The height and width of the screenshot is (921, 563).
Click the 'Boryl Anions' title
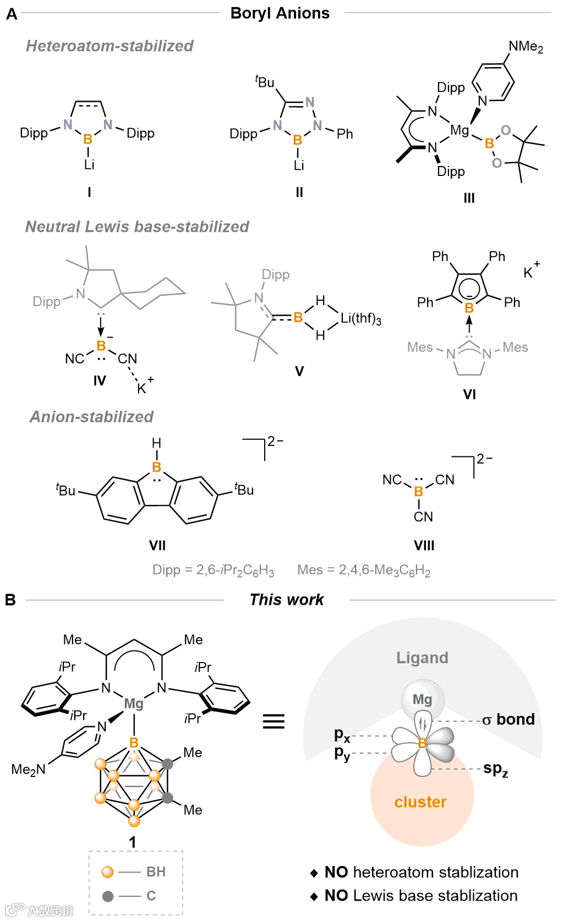coord(280,13)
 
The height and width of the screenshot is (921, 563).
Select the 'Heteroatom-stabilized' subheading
coord(110,46)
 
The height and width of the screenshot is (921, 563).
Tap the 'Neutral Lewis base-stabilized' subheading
coord(137,227)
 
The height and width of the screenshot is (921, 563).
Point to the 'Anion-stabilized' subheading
coord(91,417)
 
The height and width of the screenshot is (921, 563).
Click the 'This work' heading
coord(286,599)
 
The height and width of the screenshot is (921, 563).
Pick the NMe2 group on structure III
coord(525,47)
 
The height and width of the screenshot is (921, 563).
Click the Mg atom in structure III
coord(459,130)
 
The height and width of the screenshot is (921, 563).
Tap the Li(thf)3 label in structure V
coord(360,318)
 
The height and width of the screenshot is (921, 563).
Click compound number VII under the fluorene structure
coord(157,545)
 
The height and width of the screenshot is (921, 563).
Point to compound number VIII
coord(424,545)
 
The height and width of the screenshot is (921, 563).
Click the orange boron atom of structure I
coord(88,140)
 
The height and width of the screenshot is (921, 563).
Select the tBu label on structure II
coord(265,82)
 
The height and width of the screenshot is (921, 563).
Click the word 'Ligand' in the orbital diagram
coord(422,658)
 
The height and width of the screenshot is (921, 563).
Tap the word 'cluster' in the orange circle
coord(420,802)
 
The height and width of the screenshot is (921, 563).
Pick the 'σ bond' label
coord(508,720)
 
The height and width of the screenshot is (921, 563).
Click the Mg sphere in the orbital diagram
coord(422,699)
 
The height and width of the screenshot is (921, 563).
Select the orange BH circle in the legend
coord(108,872)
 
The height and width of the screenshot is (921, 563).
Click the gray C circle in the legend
coord(108,896)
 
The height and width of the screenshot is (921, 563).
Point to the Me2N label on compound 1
coord(28,769)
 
